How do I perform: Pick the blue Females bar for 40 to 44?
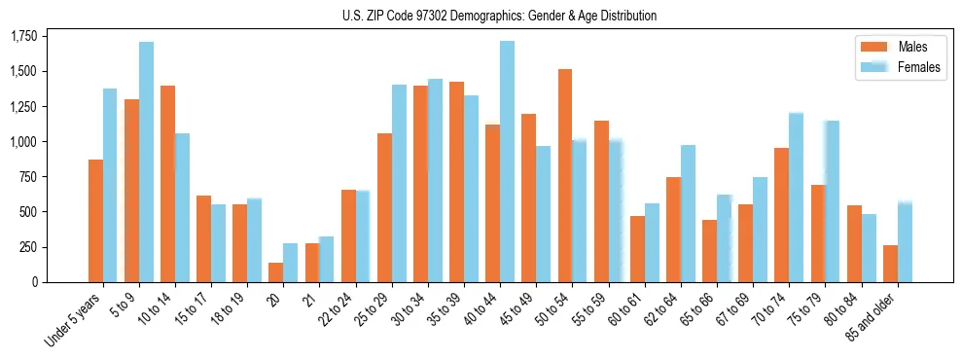(x=507, y=162)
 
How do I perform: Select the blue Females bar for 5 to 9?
(x=146, y=162)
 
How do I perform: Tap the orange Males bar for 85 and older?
(x=890, y=264)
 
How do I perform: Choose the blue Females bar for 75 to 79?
(x=832, y=201)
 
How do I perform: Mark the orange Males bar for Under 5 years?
(x=95, y=221)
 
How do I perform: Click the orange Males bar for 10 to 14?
(x=167, y=184)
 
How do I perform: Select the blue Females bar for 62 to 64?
(x=688, y=213)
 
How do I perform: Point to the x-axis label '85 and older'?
(x=873, y=315)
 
